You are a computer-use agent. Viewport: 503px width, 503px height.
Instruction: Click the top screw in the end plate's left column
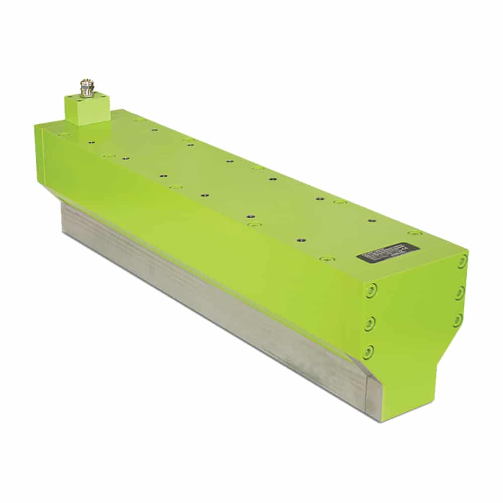click(371, 291)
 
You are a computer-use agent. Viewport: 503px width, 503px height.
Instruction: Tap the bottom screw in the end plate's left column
click(369, 352)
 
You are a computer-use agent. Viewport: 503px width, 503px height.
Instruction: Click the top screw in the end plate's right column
click(462, 262)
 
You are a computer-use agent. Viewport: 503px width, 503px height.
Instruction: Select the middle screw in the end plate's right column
click(460, 292)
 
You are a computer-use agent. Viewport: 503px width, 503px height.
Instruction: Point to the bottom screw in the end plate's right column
click(457, 320)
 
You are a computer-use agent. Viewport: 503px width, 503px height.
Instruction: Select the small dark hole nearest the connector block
click(91, 143)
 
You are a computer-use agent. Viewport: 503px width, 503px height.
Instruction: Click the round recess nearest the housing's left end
click(64, 134)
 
